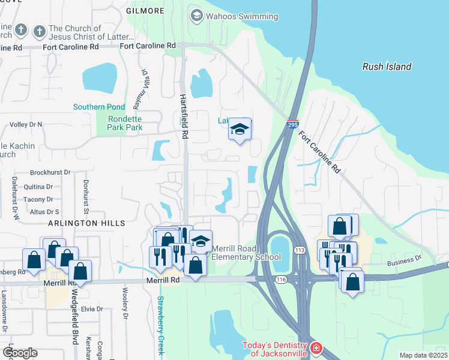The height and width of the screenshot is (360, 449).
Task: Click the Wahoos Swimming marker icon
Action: [196, 15]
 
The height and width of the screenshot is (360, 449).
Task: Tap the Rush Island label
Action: [387, 67]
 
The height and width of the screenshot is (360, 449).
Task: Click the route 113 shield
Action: [298, 249]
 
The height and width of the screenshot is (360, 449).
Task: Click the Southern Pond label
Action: [99, 107]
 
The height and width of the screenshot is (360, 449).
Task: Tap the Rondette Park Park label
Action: [125, 123]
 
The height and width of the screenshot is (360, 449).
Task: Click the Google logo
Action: [20, 352]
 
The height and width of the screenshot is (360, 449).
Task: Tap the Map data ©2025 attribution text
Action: [423, 355]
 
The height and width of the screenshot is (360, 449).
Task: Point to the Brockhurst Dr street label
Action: [50, 172]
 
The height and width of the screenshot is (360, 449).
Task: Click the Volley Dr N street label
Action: [26, 124]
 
